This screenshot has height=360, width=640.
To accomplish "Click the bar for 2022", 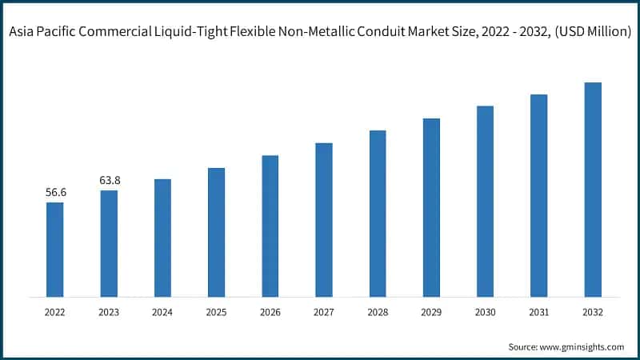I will tap(54, 250).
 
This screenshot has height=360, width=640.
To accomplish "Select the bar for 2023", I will tap(109, 244).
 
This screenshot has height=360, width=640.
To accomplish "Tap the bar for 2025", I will tap(216, 233).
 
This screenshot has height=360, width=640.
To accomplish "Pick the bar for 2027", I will tap(323, 220).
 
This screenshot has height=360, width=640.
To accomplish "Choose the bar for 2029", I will tap(431, 208).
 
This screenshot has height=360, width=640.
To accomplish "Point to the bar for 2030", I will tap(485, 202).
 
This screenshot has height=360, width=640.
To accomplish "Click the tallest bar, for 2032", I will tap(593, 190).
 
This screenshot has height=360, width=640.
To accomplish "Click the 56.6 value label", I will tap(54, 193).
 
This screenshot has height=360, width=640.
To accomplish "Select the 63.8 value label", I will tap(109, 181).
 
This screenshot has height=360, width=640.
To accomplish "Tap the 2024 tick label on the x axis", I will tap(162, 312).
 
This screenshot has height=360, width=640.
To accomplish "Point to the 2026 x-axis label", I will tap(270, 312).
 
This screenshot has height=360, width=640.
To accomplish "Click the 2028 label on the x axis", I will tap(378, 312).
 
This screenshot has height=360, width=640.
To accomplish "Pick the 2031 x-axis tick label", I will tap(538, 312).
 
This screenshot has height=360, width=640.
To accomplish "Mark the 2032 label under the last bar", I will tap(593, 312).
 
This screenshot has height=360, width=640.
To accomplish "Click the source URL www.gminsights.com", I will tap(582, 346).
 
